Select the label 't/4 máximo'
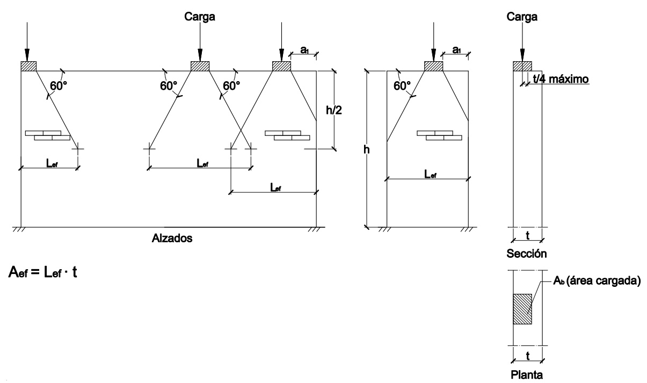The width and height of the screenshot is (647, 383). pyautogui.click(x=561, y=79)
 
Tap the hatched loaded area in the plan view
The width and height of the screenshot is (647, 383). pyautogui.click(x=523, y=309)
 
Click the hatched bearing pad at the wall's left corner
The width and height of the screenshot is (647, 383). pyautogui.click(x=28, y=66)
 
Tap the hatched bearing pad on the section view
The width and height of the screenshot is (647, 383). pyautogui.click(x=522, y=66)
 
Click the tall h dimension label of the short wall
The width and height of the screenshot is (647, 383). pyautogui.click(x=367, y=150)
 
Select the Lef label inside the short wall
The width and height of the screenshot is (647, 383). pyautogui.click(x=429, y=175)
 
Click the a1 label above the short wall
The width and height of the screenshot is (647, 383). pyautogui.click(x=456, y=49)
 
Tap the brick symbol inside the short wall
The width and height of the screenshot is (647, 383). pyautogui.click(x=439, y=135)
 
